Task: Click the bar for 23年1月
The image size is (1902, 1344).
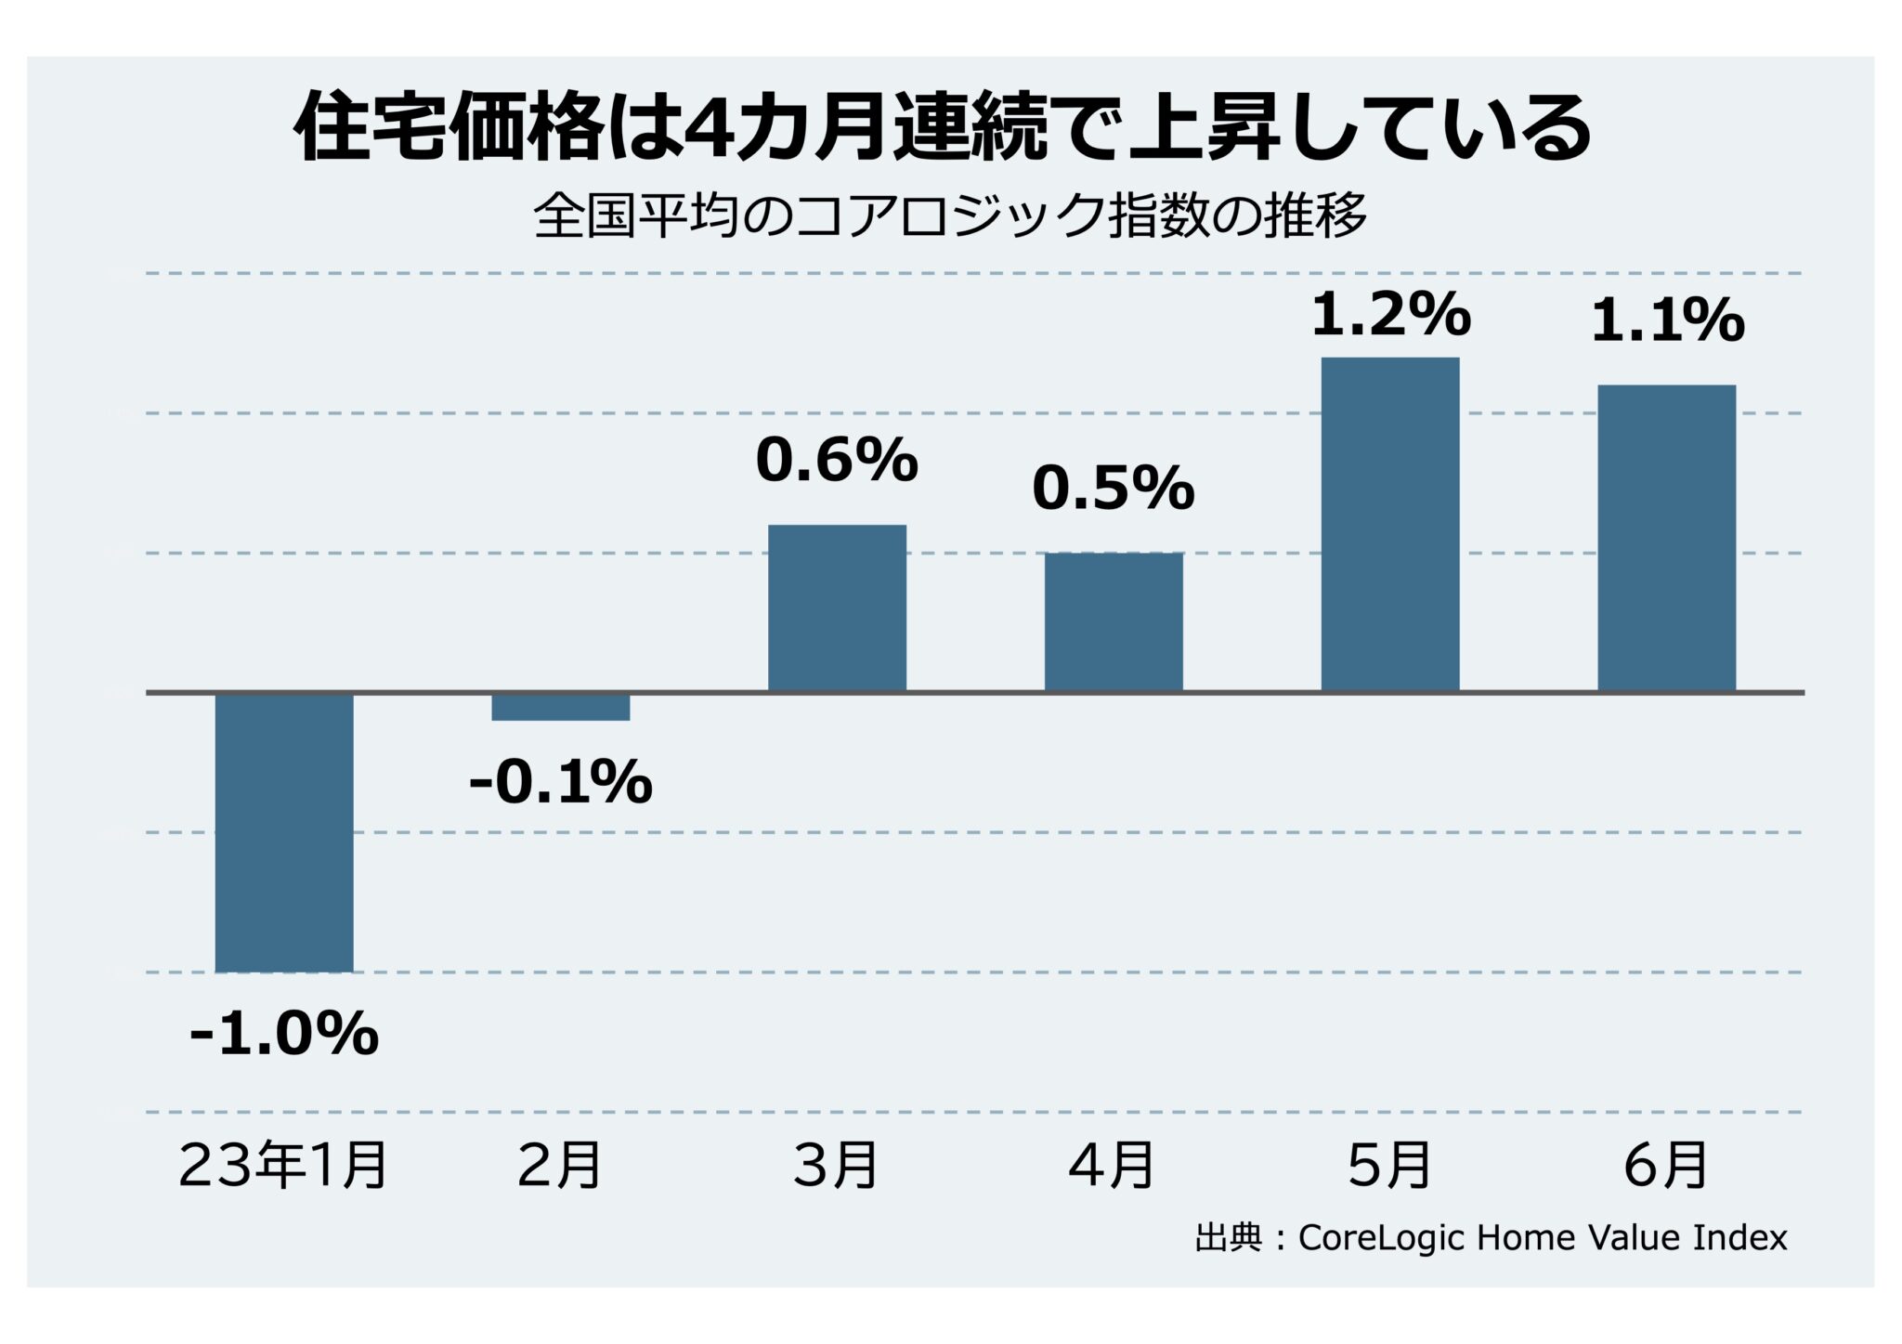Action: coord(284,832)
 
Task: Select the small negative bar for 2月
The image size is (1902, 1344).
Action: coord(561,707)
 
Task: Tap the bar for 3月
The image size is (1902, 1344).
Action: coord(837,608)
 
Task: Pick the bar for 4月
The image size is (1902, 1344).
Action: coord(1114,622)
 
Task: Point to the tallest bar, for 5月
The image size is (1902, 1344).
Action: coord(1390,525)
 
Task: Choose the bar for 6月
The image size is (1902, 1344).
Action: coord(1666,539)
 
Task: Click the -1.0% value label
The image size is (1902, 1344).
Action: coord(284,1033)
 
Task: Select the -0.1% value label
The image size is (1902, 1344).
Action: coord(561,782)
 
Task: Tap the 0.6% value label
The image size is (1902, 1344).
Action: coord(837,460)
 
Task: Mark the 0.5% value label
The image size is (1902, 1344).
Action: coord(1114,488)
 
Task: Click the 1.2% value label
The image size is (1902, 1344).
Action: coord(1390,315)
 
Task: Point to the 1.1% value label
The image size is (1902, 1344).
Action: coord(1667,321)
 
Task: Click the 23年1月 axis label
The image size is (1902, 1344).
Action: coord(283,1166)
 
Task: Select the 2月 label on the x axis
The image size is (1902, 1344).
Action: coord(560,1166)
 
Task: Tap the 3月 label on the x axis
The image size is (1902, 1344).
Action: coord(836,1166)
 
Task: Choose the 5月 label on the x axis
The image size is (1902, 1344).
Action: coord(1389,1166)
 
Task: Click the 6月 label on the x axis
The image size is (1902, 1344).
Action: coord(1666,1166)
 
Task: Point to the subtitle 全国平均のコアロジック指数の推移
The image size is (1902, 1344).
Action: coord(950,216)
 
